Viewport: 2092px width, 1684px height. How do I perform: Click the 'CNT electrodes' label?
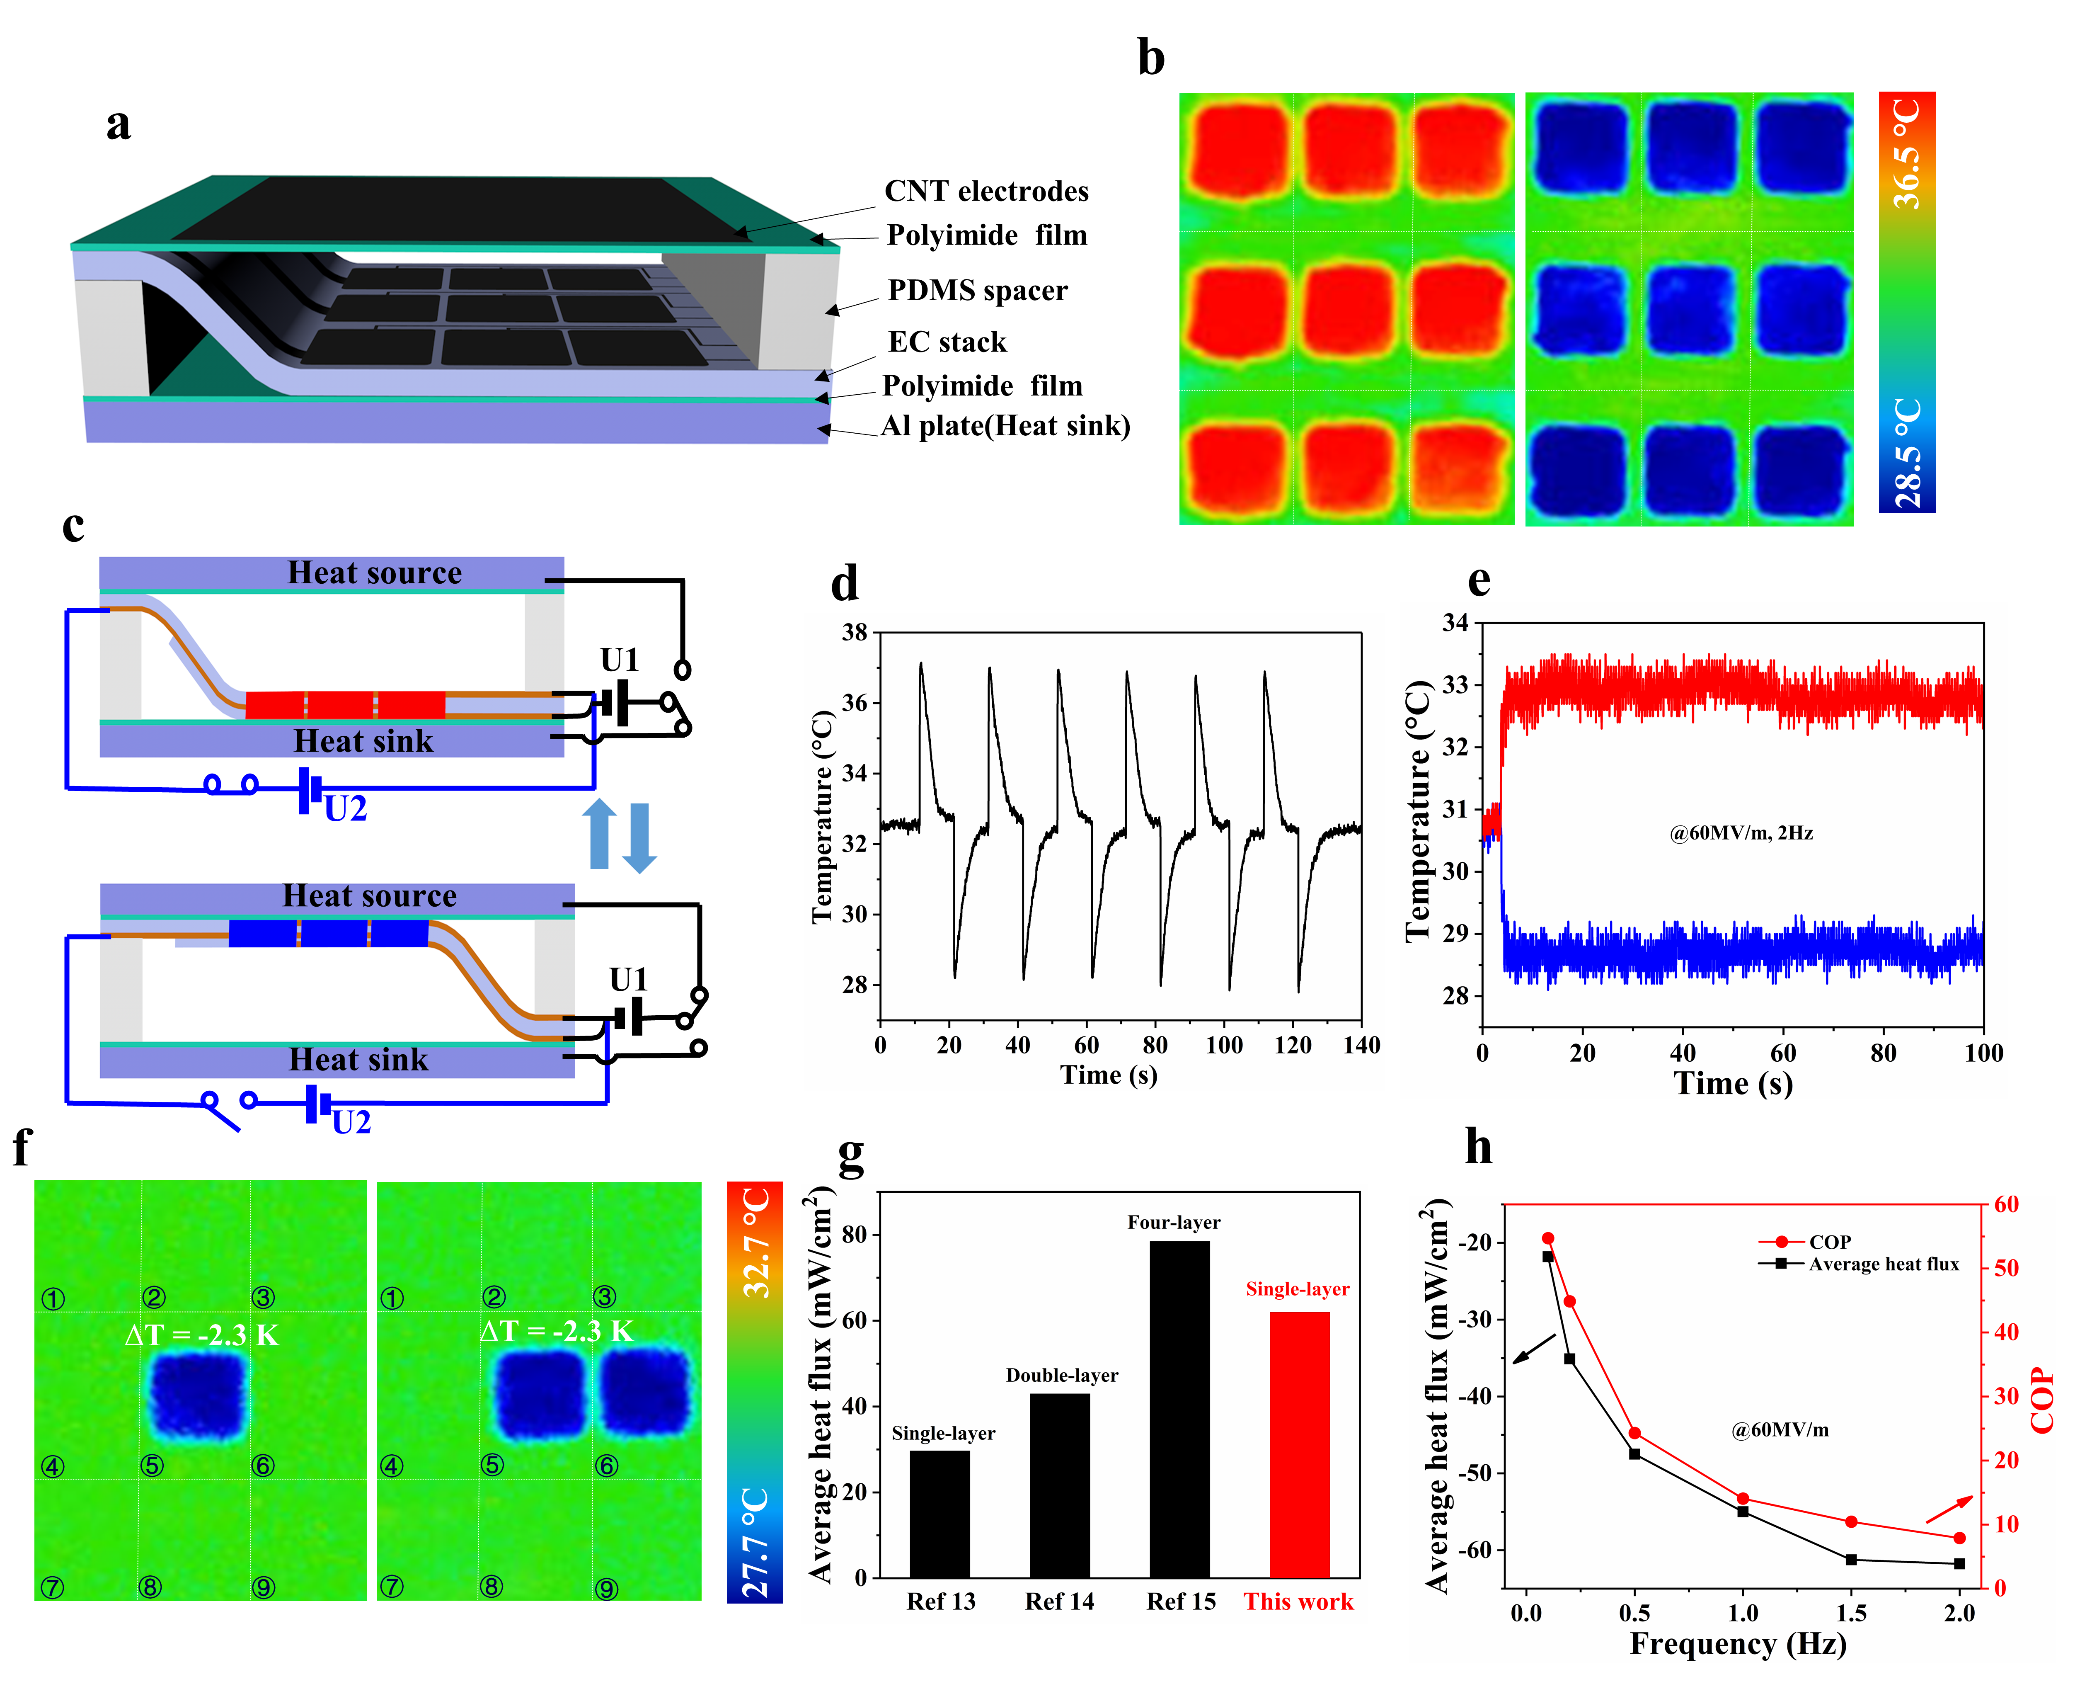click(x=986, y=191)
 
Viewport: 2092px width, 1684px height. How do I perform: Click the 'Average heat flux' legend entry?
click(x=1882, y=1264)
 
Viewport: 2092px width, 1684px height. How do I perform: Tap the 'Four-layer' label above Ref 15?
click(x=1174, y=1222)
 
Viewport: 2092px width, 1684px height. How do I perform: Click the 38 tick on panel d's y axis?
click(x=855, y=633)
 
